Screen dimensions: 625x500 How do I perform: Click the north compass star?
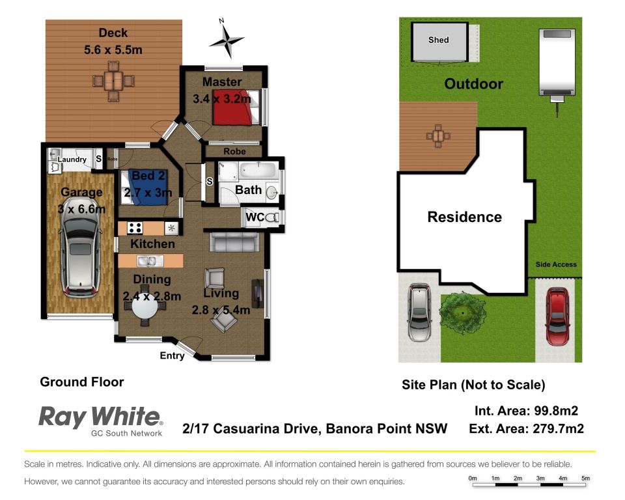227,40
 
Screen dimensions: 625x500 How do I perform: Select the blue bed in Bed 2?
145,187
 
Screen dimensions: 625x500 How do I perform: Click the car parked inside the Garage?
79,257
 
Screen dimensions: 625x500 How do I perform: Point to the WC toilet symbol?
273,217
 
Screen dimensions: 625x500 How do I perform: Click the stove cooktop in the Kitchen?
135,228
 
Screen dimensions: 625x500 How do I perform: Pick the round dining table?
145,307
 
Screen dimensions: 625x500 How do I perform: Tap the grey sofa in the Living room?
234,242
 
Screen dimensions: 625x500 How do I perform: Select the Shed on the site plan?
439,42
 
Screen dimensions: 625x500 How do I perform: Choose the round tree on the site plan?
462,313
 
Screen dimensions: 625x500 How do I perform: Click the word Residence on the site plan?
464,217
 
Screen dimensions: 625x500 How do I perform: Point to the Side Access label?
556,264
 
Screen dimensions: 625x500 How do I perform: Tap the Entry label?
172,355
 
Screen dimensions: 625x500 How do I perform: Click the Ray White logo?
101,421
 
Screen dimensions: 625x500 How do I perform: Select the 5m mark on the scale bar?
585,478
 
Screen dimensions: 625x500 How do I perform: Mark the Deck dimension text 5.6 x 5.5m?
113,50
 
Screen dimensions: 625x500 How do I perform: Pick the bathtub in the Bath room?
258,171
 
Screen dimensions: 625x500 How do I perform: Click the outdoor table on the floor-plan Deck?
113,81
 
